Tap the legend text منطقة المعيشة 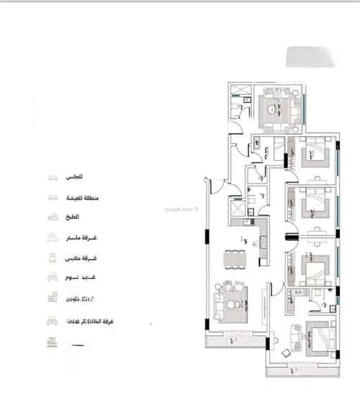(x=86, y=196)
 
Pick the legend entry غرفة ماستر (x=85, y=237)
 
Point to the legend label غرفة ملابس (x=84, y=257)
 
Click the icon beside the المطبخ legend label (x=52, y=217)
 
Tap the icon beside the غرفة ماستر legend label (x=52, y=237)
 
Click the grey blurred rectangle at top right (x=311, y=56)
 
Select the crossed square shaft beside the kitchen (x=236, y=209)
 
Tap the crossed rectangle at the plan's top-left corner (x=240, y=91)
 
